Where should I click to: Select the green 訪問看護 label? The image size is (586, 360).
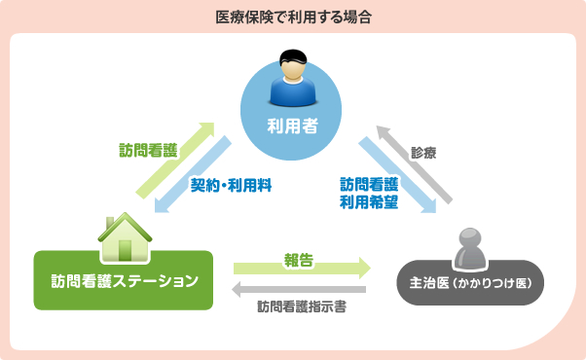coord(149,151)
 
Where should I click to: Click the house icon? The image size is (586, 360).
coord(124,235)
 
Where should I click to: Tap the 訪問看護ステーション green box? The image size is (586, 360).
coord(124,281)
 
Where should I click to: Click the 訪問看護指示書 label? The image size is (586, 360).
coord(303,306)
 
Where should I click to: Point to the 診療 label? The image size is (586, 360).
coord(424,153)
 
